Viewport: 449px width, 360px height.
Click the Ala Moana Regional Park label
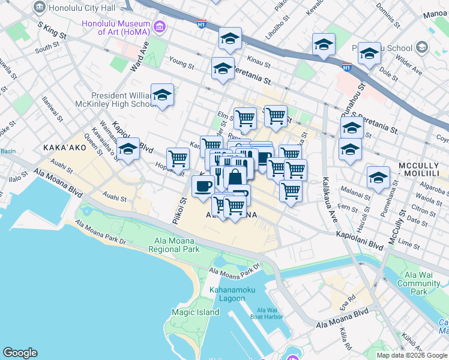tap(174, 244)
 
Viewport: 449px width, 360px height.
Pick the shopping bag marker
tap(235, 177)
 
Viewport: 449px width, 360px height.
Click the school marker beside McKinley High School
tap(162, 95)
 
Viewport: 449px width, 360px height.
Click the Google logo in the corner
tap(20, 353)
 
